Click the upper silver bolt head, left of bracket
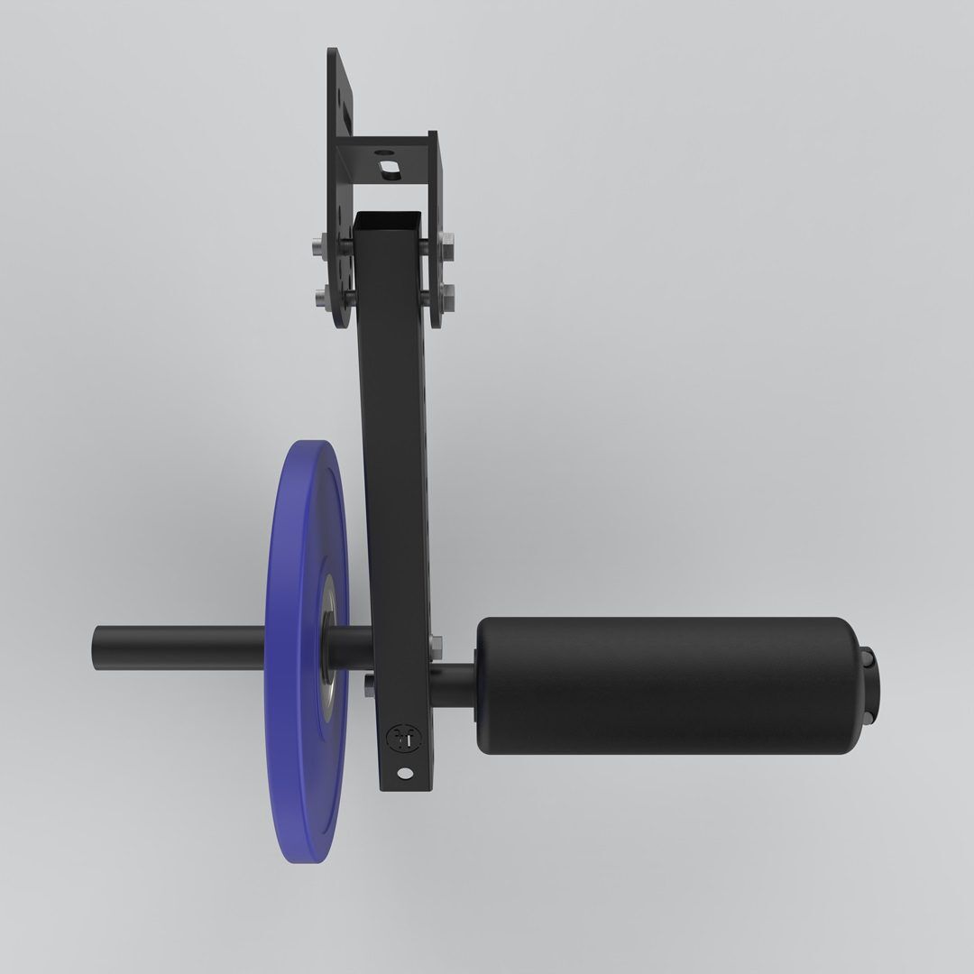pos(319,243)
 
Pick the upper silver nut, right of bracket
pos(447,243)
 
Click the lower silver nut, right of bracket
pos(447,295)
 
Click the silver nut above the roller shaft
pos(436,644)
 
